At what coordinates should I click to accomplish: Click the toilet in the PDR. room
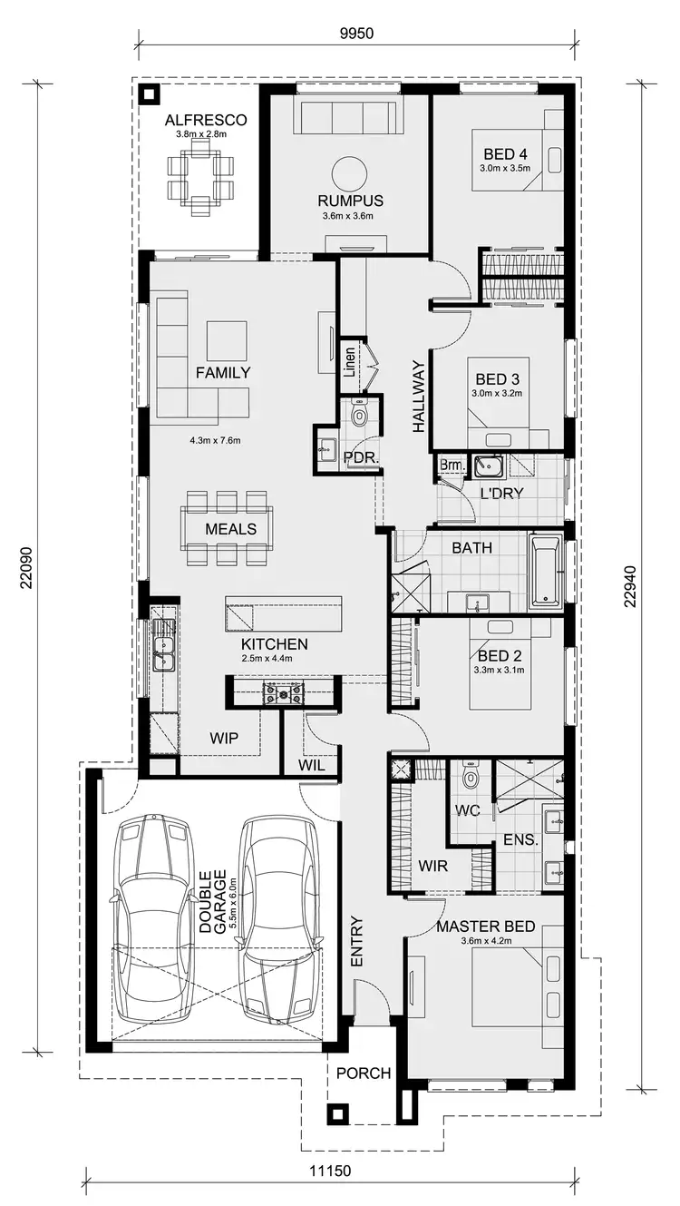[x=359, y=416]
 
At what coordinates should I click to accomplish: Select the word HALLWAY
[x=418, y=395]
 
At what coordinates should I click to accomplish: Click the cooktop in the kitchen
[x=284, y=694]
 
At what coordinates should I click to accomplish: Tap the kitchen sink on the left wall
[x=164, y=644]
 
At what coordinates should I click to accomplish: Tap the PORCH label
[x=363, y=1073]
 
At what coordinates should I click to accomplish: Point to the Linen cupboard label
[x=350, y=363]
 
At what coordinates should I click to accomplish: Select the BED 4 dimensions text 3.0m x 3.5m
[x=504, y=169]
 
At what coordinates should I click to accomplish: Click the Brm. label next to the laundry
[x=451, y=466]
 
